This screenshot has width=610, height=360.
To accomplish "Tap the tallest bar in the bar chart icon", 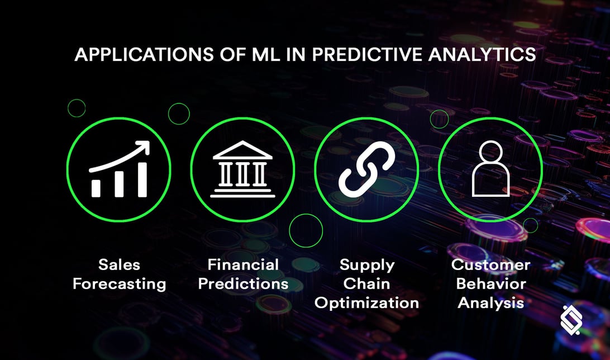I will point(142,179).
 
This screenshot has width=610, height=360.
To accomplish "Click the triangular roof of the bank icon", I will point(242,150).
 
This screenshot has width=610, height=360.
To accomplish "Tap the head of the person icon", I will point(490,153).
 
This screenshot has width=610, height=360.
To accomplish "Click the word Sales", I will point(119,264).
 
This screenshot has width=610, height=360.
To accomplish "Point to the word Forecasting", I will point(119,283).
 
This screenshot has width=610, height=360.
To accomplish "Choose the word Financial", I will point(243,264).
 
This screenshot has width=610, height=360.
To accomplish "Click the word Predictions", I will point(243,283).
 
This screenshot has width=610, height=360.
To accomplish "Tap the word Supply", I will point(366,265).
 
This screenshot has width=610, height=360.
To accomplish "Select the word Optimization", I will point(366,302).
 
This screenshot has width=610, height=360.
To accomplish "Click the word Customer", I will point(490,264).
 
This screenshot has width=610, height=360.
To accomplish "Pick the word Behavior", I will point(490,283).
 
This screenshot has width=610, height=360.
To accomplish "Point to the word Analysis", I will point(490,302).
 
